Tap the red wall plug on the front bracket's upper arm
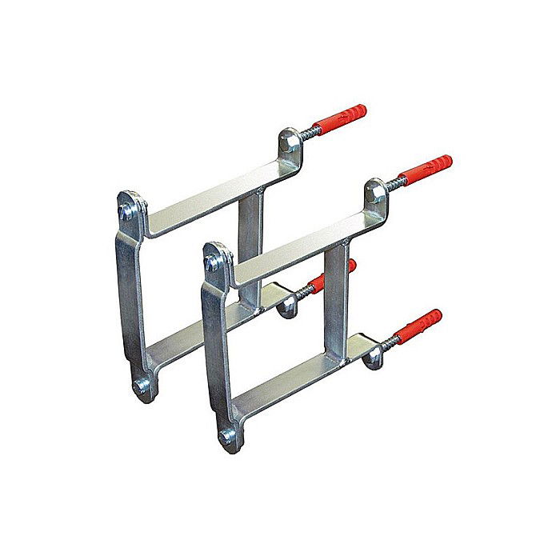(x=425, y=170)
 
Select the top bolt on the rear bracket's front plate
(x=126, y=211)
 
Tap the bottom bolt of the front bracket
(x=227, y=437)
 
